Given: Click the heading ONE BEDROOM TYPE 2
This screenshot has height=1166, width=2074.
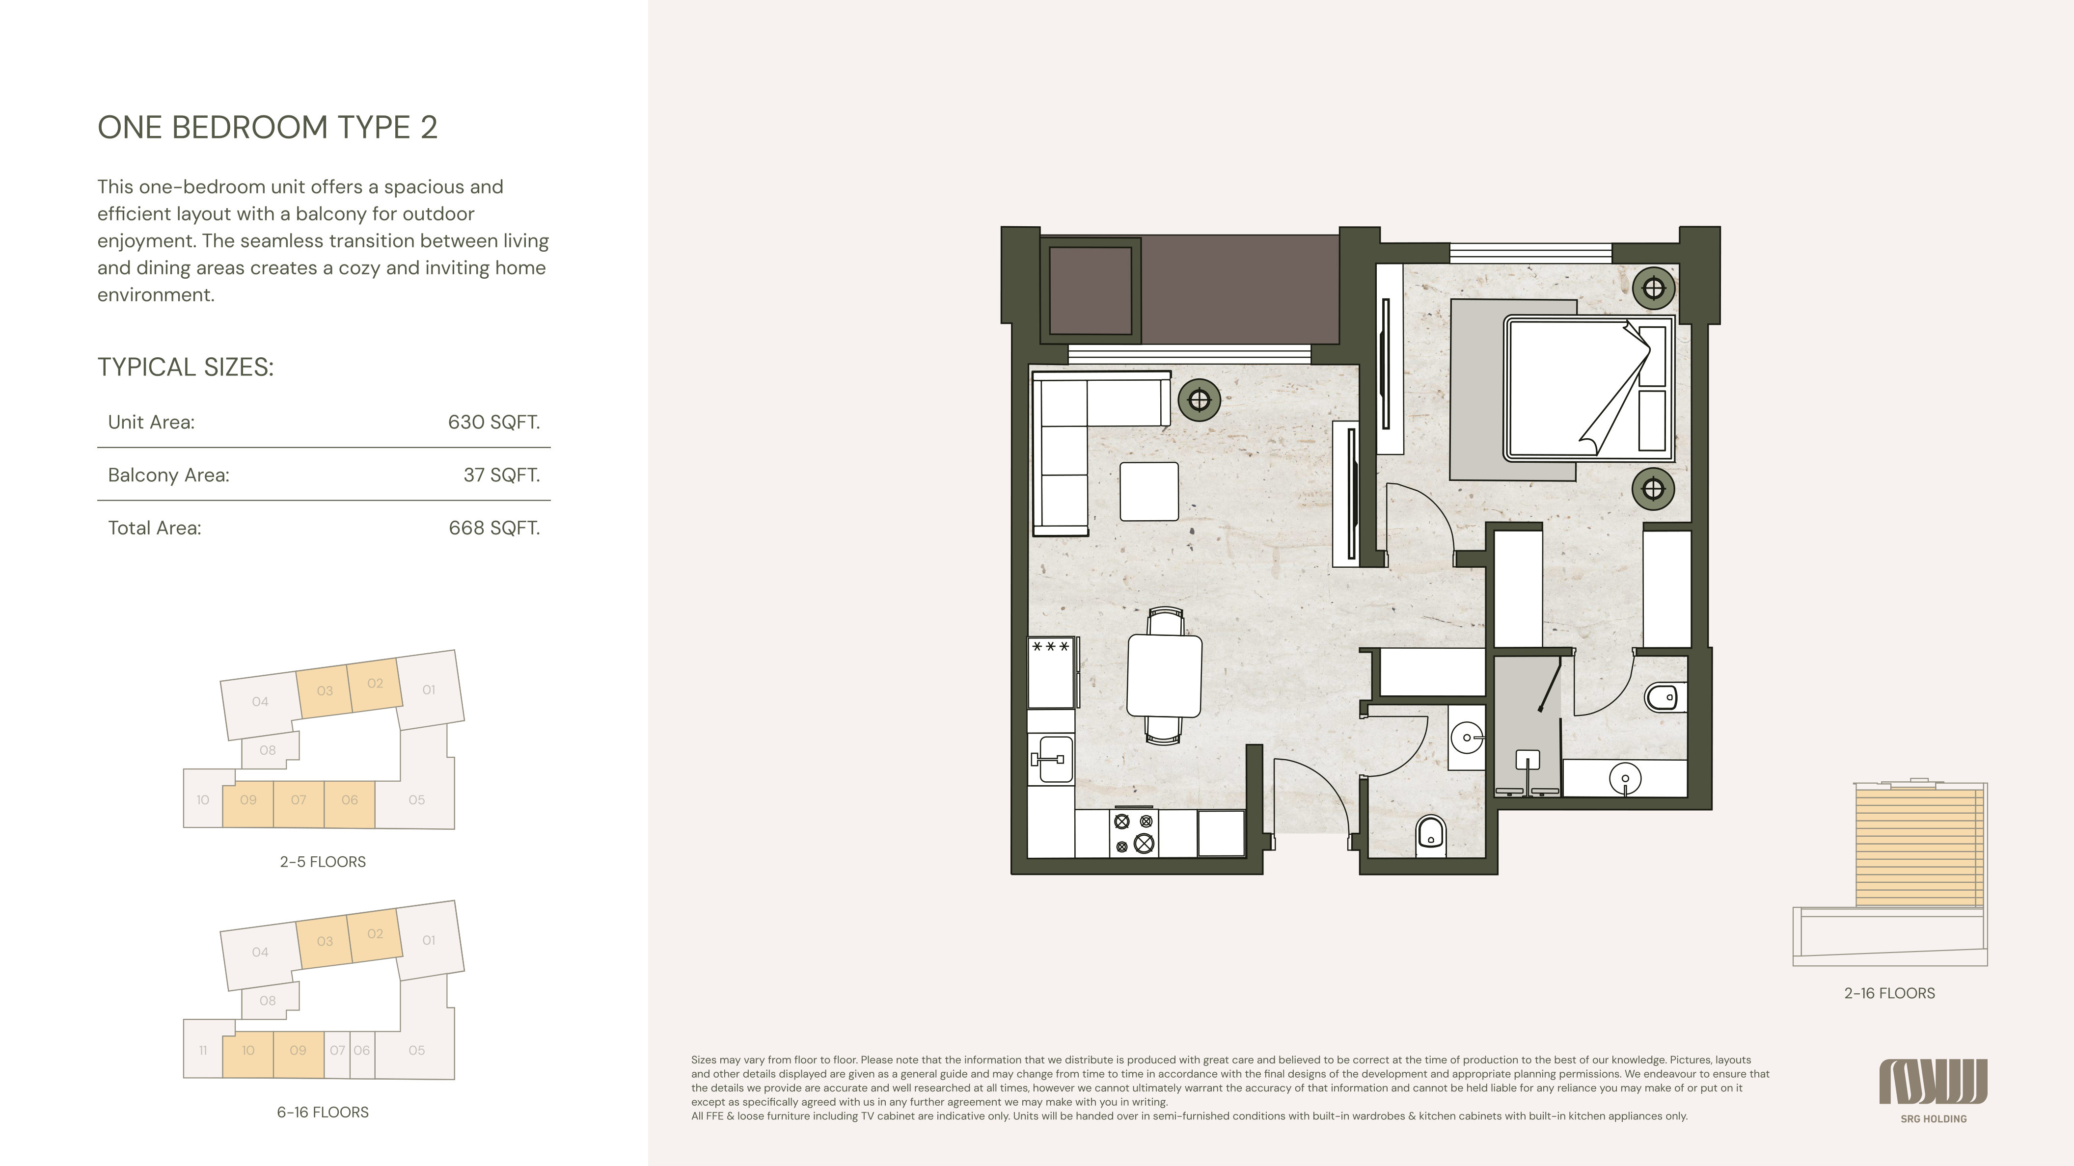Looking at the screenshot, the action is point(267,127).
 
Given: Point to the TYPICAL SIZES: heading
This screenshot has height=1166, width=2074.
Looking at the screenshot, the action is point(185,367).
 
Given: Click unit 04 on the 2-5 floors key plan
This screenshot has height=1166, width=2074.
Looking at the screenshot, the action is point(260,702).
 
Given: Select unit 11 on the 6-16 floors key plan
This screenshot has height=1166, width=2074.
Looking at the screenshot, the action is point(203,1050).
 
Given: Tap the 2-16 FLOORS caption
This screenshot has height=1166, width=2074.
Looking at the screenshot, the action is point(1889,993).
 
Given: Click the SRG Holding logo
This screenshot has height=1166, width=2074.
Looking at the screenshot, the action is point(1933,1090).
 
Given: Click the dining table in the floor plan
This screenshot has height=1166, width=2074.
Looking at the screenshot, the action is point(1164,675).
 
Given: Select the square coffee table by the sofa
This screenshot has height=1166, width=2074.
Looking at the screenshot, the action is point(1149,491).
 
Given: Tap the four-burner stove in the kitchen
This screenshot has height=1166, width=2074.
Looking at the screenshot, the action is point(1134,833).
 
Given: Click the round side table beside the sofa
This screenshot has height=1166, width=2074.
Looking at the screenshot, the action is point(1200,400).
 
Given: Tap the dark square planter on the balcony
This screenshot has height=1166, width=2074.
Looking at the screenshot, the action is point(1091,291).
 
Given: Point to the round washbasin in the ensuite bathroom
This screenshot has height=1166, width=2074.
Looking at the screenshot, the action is point(1625,779).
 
